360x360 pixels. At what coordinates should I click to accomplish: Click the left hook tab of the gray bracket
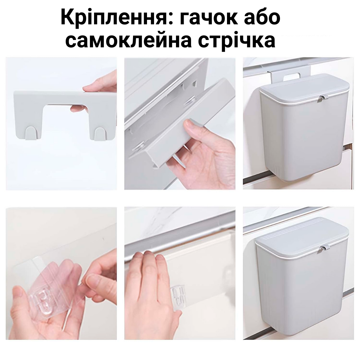(x=32, y=133)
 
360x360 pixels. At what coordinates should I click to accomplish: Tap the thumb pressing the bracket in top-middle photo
(x=192, y=128)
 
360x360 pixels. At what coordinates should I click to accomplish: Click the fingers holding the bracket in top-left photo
(x=97, y=87)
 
